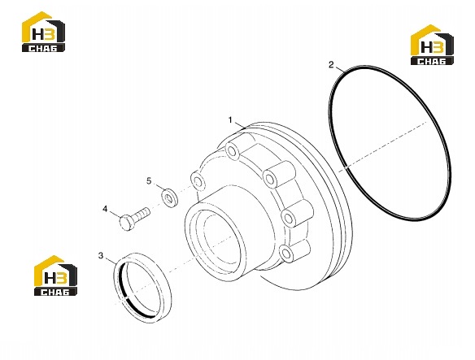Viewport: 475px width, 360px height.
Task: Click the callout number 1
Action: tap(230, 120)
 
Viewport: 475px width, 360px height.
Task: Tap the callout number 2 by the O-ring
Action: tap(331, 64)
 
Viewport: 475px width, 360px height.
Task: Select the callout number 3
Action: tap(101, 255)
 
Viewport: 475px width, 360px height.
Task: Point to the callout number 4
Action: tap(105, 209)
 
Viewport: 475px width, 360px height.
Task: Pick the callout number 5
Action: tap(149, 181)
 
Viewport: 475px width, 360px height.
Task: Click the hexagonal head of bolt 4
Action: tap(126, 222)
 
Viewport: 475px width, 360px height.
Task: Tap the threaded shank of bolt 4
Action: tap(142, 213)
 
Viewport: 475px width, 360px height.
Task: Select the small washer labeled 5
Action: tap(170, 197)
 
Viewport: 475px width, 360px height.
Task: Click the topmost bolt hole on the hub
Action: tap(233, 151)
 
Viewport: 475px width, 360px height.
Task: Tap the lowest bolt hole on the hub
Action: tap(286, 253)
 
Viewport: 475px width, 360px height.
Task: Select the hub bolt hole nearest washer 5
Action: tap(198, 181)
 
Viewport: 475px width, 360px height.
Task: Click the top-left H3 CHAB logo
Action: tap(43, 32)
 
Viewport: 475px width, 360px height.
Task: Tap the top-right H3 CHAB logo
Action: tap(432, 45)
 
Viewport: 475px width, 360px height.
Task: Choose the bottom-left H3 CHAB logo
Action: tap(55, 275)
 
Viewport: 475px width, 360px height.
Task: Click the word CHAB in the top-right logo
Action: tap(432, 61)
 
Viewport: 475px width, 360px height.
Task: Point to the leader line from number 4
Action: tap(115, 215)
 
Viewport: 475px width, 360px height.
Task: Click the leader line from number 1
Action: tap(240, 125)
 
